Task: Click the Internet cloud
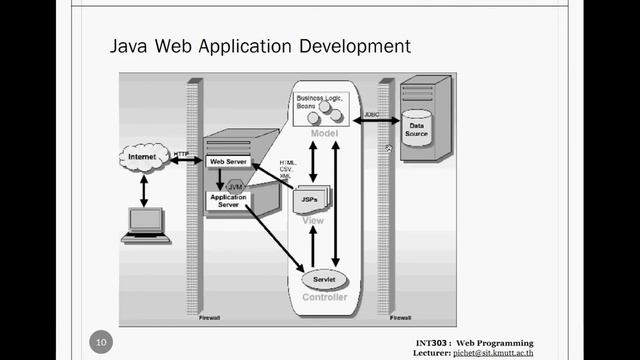pyautogui.click(x=142, y=158)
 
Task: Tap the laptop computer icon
pyautogui.click(x=146, y=224)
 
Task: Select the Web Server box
pyautogui.click(x=227, y=160)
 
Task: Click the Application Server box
pyautogui.click(x=227, y=200)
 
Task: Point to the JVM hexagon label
pyautogui.click(x=236, y=186)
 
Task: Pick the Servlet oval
pyautogui.click(x=323, y=279)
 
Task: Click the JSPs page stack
pyautogui.click(x=311, y=201)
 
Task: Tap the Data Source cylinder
pyautogui.click(x=417, y=128)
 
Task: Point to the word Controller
pyautogui.click(x=324, y=297)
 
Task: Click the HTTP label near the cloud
pyautogui.click(x=182, y=154)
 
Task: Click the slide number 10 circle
pyautogui.click(x=100, y=343)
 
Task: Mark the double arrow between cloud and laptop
pyautogui.click(x=144, y=189)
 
